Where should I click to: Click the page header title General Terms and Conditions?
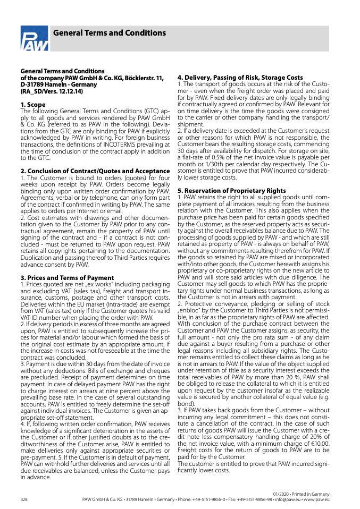[x=110, y=33]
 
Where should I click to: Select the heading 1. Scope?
[x=33, y=105]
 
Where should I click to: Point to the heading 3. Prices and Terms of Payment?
[x=67, y=277]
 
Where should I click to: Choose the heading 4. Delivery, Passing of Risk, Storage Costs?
[x=240, y=78]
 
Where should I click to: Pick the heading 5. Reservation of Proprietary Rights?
[x=231, y=191]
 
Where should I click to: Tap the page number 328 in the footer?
[x=24, y=500]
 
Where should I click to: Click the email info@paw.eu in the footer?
[x=288, y=500]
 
